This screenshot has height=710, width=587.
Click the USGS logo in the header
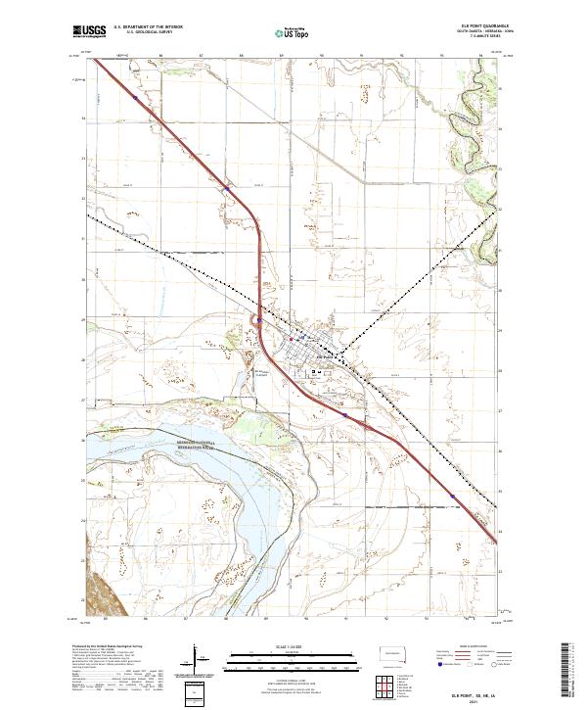tap(89, 31)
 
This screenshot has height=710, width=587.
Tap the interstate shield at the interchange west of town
tap(259, 317)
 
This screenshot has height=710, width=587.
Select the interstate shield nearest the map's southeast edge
tap(452, 497)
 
